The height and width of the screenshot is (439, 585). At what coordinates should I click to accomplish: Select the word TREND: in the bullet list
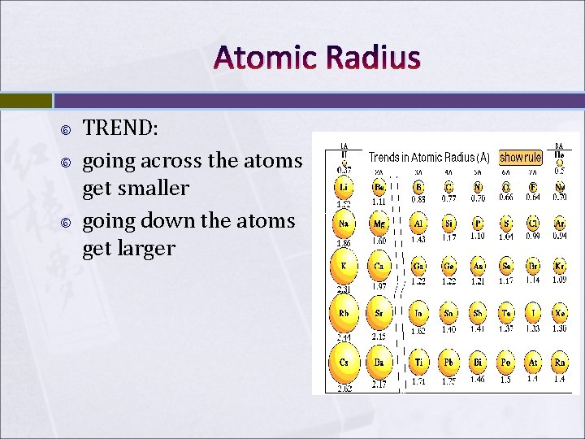(121, 128)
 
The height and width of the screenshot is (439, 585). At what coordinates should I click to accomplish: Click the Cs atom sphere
(344, 362)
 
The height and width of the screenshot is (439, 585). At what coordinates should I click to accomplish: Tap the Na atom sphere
(344, 223)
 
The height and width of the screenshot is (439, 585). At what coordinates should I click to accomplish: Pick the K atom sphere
(344, 266)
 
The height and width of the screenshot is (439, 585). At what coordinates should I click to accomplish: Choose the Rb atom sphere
(344, 314)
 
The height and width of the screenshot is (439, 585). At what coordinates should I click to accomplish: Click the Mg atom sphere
(379, 223)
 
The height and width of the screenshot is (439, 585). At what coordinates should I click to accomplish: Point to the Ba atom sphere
(379, 362)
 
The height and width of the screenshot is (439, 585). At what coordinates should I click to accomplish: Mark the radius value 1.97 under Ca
(379, 285)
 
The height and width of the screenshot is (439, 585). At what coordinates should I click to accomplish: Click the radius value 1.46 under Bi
(479, 380)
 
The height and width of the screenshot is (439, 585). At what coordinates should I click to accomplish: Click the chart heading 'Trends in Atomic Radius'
(429, 157)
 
